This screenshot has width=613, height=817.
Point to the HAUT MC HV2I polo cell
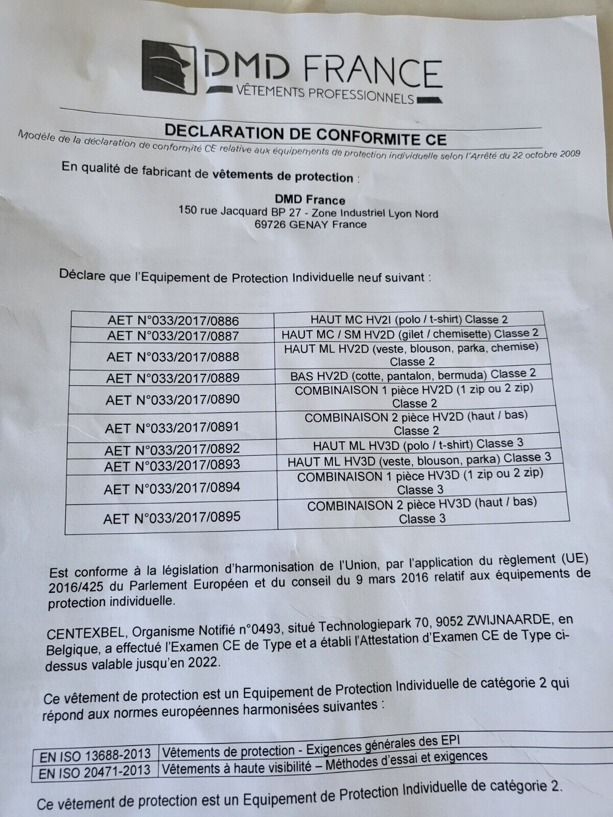pyautogui.click(x=409, y=320)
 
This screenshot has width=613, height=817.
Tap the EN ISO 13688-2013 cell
pyautogui.click(x=95, y=754)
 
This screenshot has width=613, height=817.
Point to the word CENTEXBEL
pyautogui.click(x=85, y=633)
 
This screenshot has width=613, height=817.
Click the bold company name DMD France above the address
pyautogui.click(x=311, y=200)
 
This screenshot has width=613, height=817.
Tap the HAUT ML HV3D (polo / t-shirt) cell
pyautogui.click(x=418, y=444)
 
